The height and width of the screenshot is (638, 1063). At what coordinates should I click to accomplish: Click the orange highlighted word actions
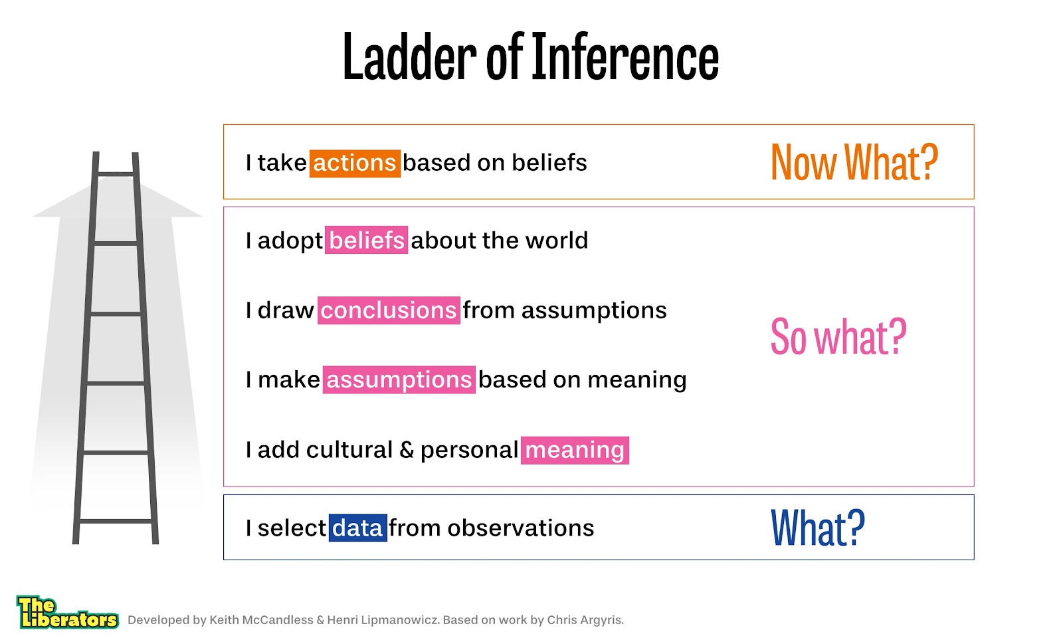click(355, 163)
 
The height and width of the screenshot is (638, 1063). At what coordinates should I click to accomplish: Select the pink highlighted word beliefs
click(366, 240)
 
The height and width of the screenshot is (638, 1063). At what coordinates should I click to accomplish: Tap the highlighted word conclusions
click(389, 310)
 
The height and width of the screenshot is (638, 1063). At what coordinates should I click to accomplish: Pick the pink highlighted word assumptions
click(399, 379)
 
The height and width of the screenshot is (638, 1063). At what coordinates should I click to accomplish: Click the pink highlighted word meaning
click(575, 450)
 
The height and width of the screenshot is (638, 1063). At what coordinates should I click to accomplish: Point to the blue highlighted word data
click(358, 528)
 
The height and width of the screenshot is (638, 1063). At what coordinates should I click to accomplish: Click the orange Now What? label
click(854, 162)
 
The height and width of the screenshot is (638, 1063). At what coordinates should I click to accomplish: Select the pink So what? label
click(838, 336)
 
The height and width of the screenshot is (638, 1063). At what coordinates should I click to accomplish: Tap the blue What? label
click(818, 528)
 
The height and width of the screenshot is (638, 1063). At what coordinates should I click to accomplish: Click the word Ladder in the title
click(409, 56)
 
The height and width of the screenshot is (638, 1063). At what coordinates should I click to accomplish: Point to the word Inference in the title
click(625, 56)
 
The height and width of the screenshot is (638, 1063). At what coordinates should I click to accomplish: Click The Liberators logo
click(67, 612)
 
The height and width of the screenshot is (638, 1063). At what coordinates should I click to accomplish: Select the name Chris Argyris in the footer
click(585, 620)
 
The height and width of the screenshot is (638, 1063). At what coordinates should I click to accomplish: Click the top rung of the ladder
click(116, 174)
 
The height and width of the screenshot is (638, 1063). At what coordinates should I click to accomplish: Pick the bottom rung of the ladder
click(116, 521)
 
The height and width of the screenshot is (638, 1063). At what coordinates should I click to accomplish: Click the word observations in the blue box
click(521, 528)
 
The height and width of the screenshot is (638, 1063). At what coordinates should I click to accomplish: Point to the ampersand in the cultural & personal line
click(407, 450)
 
